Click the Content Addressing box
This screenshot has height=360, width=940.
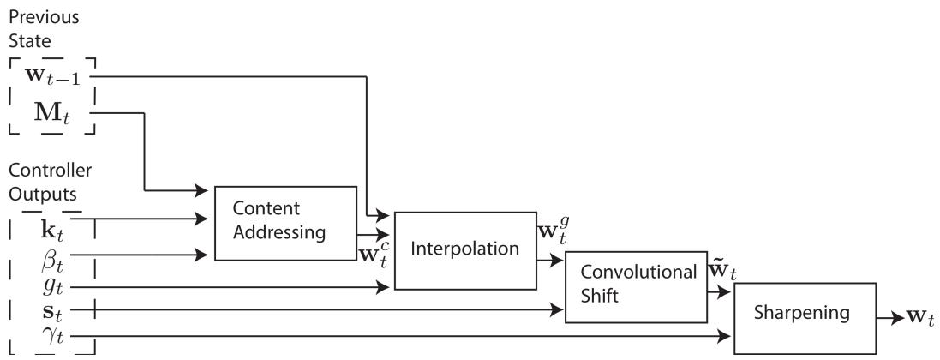point(284,222)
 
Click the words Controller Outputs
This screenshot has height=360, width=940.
point(44,181)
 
